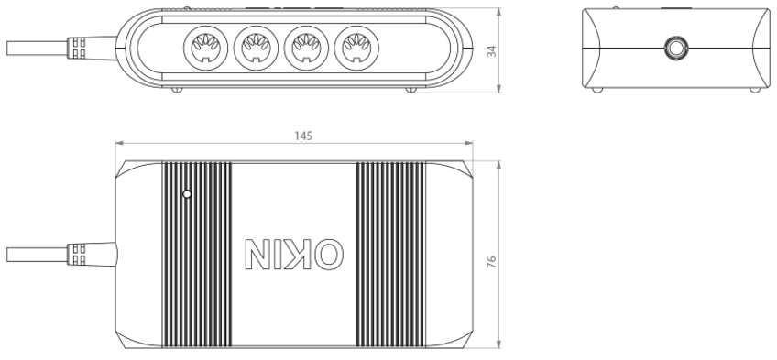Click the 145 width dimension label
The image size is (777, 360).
tap(303, 136)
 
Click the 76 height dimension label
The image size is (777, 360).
tap(491, 262)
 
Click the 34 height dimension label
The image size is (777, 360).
tap(491, 51)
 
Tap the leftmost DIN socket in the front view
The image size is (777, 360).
tap(205, 48)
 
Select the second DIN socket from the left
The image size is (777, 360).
tap(257, 48)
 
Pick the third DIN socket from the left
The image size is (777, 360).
tap(306, 48)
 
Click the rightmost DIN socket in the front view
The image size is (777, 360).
tap(356, 48)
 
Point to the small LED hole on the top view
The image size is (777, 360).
tap(187, 194)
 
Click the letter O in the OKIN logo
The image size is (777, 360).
tap(330, 255)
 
